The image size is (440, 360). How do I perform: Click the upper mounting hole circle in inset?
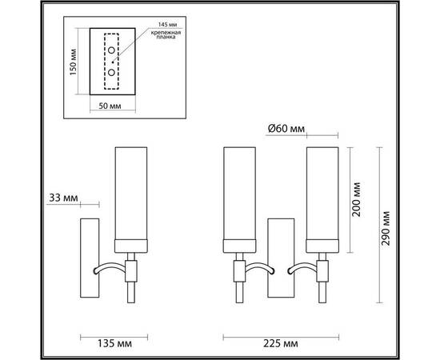pyautogui.click(x=110, y=51)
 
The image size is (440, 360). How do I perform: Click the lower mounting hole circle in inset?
pyautogui.click(x=110, y=71)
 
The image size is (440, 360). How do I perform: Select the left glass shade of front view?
pyautogui.click(x=238, y=196)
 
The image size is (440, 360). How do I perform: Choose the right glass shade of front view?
pyautogui.click(x=323, y=196)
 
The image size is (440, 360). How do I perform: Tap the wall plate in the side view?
pyautogui.click(x=88, y=256)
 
